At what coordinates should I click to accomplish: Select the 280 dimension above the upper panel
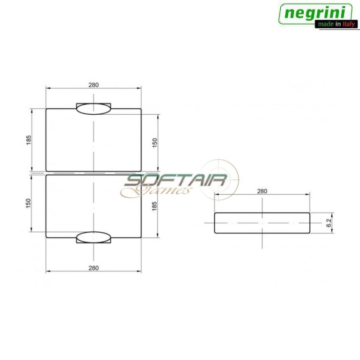click(94, 85)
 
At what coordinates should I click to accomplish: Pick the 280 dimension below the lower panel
click(94, 268)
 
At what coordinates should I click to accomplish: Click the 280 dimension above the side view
click(262, 191)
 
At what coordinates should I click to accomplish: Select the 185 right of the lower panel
click(154, 207)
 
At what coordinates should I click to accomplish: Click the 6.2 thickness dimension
click(329, 222)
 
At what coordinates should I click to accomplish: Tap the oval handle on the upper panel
click(94, 108)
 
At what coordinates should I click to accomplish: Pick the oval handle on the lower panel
click(94, 237)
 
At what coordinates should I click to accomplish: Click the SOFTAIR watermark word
click(175, 181)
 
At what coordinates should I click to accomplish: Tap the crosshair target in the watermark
click(219, 179)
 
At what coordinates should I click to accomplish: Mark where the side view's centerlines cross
click(262, 223)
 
